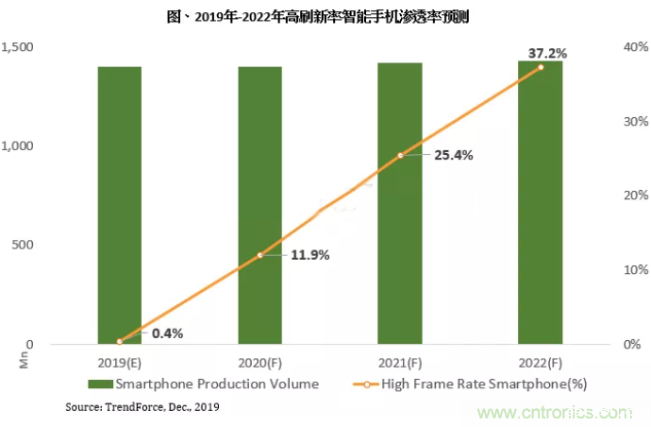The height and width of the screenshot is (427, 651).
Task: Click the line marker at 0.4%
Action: (120, 341)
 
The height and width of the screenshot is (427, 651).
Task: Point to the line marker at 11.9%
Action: (259, 255)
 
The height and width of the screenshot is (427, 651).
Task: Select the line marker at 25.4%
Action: (400, 155)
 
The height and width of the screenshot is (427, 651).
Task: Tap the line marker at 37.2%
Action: (541, 67)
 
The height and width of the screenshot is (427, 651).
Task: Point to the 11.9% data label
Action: (310, 254)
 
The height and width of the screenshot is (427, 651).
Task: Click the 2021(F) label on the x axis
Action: (400, 363)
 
